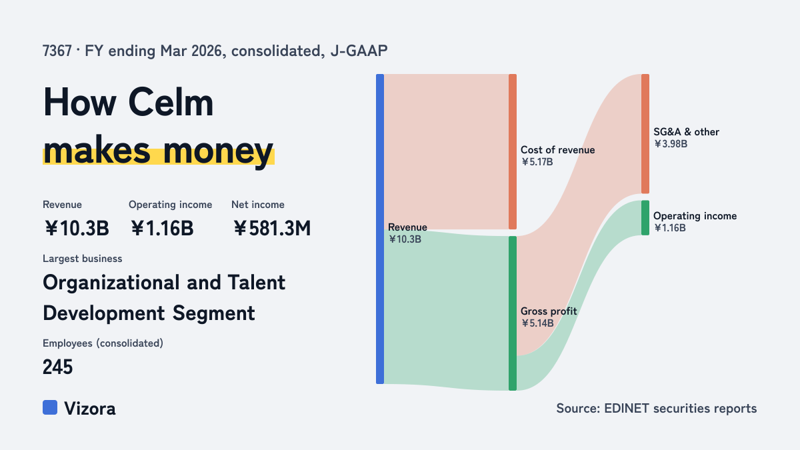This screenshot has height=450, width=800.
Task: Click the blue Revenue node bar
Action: [x=380, y=229]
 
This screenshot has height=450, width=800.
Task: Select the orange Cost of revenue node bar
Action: [x=513, y=151]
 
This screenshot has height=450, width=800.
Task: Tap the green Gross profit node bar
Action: [x=513, y=313]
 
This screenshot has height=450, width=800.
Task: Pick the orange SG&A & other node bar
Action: [x=645, y=133]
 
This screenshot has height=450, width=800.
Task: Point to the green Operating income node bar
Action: [x=645, y=218]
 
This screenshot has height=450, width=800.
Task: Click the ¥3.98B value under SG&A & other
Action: [x=671, y=144]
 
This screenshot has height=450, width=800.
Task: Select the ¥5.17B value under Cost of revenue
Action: [x=537, y=162]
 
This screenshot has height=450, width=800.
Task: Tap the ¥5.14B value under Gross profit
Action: [x=537, y=323]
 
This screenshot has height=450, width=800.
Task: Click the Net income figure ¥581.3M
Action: [x=272, y=228]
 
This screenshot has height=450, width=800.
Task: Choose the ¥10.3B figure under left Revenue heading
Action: [x=77, y=228]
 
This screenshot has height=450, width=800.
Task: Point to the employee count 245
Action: [x=57, y=367]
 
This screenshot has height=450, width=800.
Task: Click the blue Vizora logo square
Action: [x=50, y=407]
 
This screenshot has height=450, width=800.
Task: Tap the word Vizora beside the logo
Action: [x=90, y=409]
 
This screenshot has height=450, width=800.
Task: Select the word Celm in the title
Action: [x=171, y=103]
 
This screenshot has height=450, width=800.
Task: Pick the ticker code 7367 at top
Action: [x=57, y=51]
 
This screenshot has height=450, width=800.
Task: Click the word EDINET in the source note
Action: [x=627, y=408]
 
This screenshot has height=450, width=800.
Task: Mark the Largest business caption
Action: [x=83, y=259]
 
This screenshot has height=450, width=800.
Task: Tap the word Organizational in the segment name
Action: [x=111, y=283]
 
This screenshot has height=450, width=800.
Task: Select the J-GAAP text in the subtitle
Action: [x=359, y=51]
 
